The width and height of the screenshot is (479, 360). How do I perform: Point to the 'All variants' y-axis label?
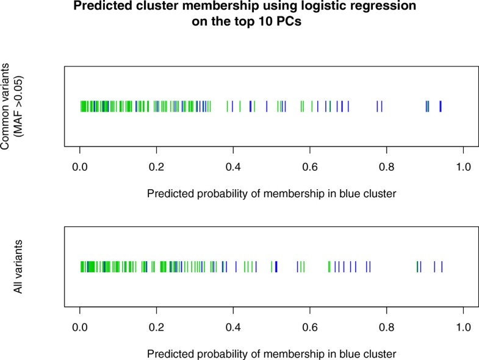[x=19, y=267]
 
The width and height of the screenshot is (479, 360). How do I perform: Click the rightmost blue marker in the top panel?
[x=441, y=106]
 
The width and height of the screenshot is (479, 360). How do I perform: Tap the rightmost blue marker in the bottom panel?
[x=442, y=267]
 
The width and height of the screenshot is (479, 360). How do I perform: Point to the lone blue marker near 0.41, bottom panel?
[x=236, y=267]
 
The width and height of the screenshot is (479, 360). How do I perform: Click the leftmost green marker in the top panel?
[x=81, y=106]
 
